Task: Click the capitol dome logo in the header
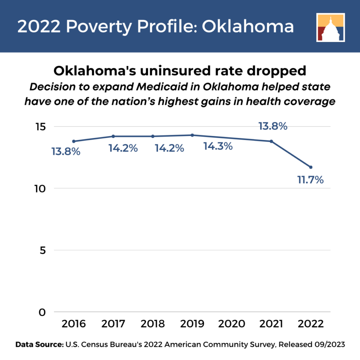pos(331,28)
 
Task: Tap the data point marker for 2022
pos(311,167)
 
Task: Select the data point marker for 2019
pos(192,135)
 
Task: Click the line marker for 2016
pos(74,141)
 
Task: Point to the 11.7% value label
pos(310,180)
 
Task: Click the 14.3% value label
pos(218,146)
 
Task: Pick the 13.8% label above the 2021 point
pos(273,126)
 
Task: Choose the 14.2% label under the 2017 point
pos(123,148)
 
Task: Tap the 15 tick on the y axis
pos(41,127)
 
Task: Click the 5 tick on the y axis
pos(42,250)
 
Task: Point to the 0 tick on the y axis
pos(42,312)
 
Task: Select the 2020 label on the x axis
pos(232,324)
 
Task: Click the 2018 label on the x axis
pos(153,324)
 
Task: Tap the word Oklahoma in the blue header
pos(248,26)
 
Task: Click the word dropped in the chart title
pos(276,71)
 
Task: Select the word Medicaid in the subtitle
pos(162,87)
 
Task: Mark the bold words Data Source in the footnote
pos(40,344)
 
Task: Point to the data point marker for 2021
pos(271,141)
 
